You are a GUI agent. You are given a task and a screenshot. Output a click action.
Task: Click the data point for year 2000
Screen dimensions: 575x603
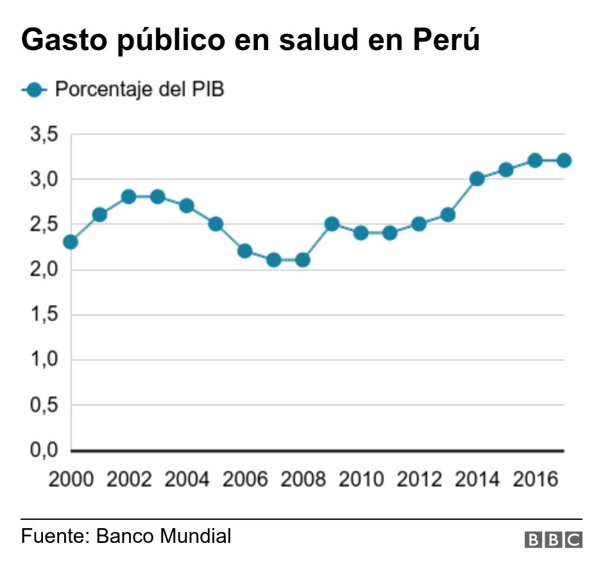[x=71, y=242]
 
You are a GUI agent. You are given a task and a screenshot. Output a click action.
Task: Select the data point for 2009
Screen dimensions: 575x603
[x=332, y=224]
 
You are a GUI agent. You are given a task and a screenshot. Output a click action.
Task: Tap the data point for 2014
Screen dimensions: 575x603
[x=477, y=178]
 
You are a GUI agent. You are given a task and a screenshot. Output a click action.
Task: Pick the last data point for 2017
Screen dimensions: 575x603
[x=564, y=160]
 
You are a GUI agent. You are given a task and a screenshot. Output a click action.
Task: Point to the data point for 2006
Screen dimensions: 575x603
[x=244, y=251]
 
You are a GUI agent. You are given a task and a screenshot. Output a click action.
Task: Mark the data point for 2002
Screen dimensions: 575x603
[x=128, y=196]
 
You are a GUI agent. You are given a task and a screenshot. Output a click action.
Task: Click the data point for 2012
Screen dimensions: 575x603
[x=419, y=224]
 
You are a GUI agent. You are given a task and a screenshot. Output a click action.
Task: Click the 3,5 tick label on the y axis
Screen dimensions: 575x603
[x=43, y=134]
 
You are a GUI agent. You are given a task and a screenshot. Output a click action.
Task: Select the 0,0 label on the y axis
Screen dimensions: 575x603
[x=43, y=451]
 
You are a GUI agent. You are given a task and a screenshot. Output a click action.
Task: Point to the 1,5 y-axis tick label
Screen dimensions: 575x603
[x=43, y=315]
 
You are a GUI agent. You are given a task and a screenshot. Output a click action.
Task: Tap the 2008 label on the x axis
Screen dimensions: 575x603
[x=302, y=480]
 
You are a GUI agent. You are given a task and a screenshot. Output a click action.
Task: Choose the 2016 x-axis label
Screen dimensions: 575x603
[x=534, y=480]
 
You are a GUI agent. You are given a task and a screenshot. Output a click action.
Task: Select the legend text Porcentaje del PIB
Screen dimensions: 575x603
[x=139, y=90]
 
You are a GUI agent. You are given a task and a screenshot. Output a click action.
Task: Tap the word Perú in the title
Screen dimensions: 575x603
[x=445, y=40]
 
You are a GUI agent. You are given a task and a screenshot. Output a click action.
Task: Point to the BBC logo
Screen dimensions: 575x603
[x=553, y=540]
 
